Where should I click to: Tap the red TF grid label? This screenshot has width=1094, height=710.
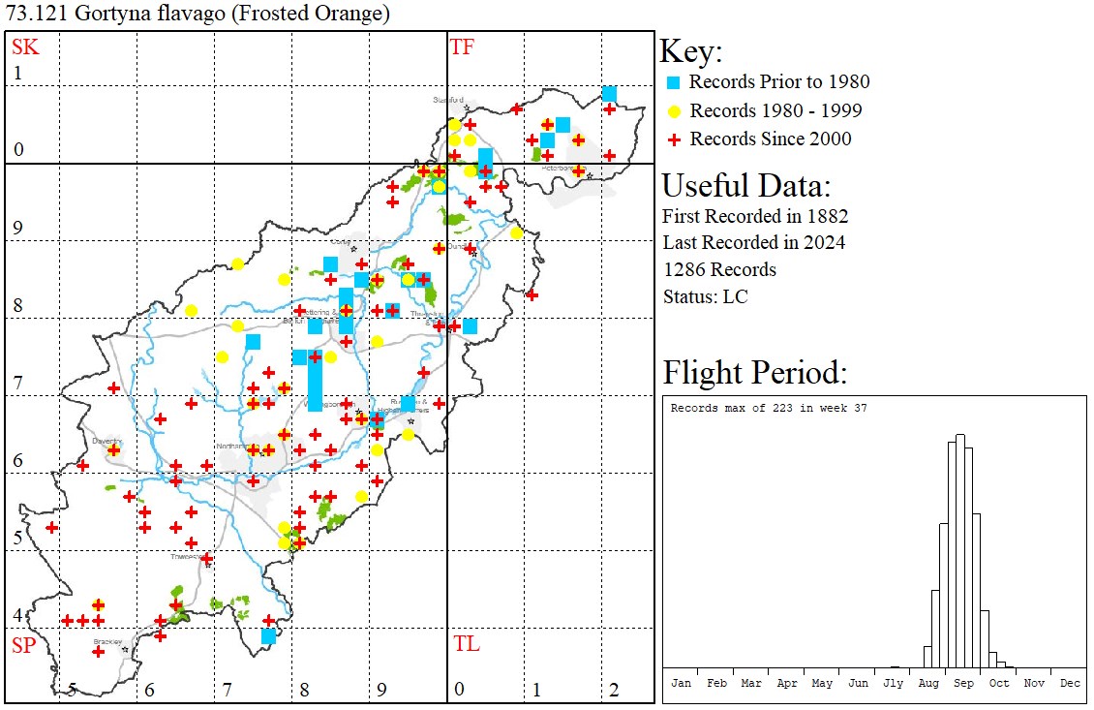(x=462, y=46)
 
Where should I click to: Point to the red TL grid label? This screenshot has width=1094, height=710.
(x=466, y=644)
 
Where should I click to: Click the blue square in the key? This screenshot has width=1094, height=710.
(x=674, y=82)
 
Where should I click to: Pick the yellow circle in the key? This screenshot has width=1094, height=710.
(x=674, y=110)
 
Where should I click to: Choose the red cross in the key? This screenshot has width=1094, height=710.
(x=674, y=139)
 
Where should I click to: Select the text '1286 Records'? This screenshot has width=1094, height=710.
(x=719, y=269)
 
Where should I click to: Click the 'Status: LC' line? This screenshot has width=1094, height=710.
(x=705, y=296)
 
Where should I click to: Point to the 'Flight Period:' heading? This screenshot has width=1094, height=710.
(x=755, y=372)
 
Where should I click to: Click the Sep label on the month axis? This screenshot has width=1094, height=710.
(x=963, y=683)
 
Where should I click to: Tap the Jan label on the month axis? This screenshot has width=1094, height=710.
(x=681, y=683)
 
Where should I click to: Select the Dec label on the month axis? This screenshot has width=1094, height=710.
(x=1070, y=683)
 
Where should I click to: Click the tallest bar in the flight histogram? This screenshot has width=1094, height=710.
(x=960, y=552)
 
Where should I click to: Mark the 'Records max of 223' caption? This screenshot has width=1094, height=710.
(x=769, y=408)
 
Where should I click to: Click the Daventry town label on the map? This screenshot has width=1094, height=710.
(x=105, y=440)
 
